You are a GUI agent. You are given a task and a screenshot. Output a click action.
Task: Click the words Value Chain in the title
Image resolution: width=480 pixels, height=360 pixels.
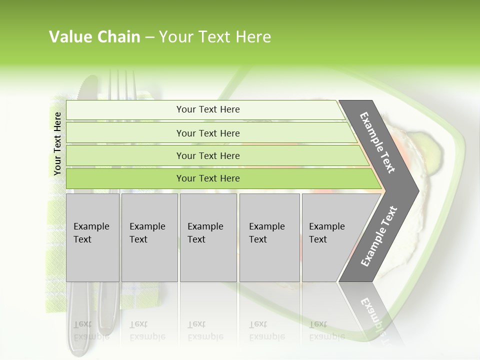point(94,36)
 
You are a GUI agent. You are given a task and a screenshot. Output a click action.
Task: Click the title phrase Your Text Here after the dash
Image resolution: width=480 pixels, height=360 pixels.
point(215,36)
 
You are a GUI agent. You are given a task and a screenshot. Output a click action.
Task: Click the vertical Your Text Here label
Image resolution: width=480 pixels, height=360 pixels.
point(57,143)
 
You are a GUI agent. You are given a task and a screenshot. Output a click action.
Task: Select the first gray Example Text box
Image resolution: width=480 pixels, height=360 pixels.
point(92,237)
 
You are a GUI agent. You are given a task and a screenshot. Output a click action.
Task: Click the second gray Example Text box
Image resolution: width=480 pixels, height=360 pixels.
point(149,237)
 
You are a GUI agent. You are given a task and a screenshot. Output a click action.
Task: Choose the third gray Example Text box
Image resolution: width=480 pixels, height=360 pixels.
point(208,237)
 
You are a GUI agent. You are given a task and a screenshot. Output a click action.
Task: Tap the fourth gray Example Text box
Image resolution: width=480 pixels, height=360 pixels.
point(269,237)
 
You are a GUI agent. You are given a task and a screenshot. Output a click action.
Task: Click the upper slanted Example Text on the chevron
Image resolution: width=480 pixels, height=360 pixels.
point(377,142)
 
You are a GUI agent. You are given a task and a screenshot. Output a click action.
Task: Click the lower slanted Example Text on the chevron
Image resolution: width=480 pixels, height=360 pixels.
point(379,236)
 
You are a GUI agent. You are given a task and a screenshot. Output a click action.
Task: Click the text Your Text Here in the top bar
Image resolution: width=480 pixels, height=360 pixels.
point(208,109)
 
